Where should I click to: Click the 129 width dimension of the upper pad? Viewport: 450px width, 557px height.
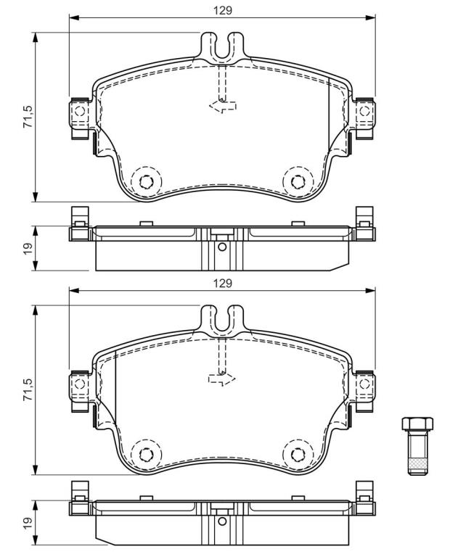[x=223, y=11]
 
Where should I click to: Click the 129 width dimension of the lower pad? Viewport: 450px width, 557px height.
[x=223, y=283]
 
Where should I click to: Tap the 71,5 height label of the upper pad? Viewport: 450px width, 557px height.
[x=28, y=117]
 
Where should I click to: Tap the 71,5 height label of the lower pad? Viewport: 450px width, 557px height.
[x=28, y=389]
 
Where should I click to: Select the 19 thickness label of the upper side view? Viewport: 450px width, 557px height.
[x=28, y=247]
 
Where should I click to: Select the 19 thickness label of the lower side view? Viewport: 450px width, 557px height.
[x=28, y=521]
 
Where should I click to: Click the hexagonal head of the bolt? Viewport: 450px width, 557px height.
[x=417, y=424]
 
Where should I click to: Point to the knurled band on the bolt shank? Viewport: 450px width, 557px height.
[x=417, y=463]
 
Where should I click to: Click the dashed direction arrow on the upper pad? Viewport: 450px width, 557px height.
[x=223, y=106]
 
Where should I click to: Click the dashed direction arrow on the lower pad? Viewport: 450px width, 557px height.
[x=222, y=379]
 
